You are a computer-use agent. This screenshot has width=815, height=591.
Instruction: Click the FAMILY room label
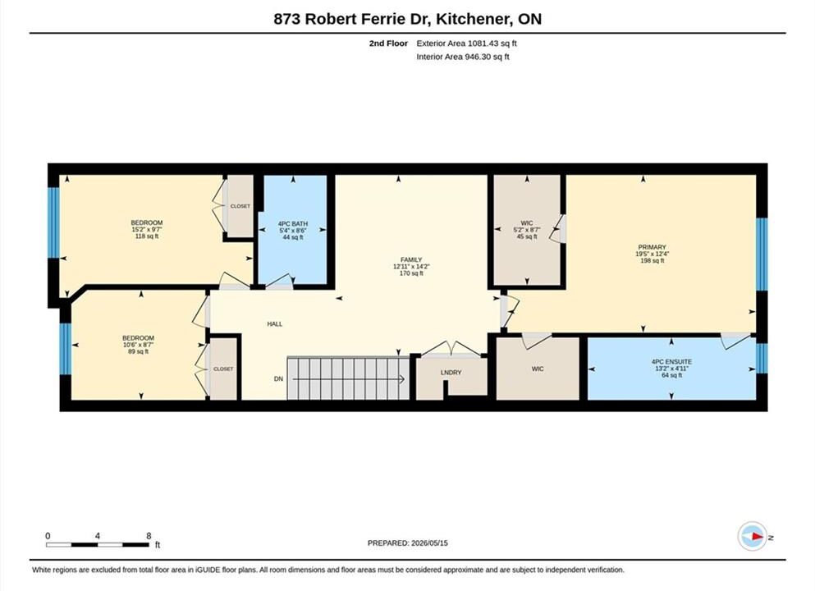pyautogui.click(x=411, y=259)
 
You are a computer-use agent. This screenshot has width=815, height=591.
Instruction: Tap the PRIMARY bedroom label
pyautogui.click(x=652, y=247)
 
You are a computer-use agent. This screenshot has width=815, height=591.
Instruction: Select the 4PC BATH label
pyautogui.click(x=293, y=223)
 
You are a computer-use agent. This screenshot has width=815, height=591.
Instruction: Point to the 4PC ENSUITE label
pyautogui.click(x=671, y=361)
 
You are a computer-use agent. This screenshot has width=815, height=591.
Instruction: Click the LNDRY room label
pyautogui.click(x=451, y=372)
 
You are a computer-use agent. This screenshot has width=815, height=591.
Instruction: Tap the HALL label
pyautogui.click(x=274, y=324)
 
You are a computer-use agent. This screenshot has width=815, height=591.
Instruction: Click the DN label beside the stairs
pyautogui.click(x=278, y=379)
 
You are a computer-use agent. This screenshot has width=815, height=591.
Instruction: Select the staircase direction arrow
pyautogui.click(x=349, y=379)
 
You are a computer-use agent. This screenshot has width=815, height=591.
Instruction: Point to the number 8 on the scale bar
pyautogui.click(x=149, y=535)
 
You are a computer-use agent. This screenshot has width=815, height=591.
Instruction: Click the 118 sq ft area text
pyautogui.click(x=147, y=236)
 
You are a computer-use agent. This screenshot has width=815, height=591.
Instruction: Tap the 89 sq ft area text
pyautogui.click(x=138, y=351)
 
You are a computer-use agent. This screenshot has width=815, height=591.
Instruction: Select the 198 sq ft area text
pyautogui.click(x=652, y=260)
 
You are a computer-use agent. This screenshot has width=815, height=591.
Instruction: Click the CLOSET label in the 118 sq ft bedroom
pyautogui.click(x=240, y=206)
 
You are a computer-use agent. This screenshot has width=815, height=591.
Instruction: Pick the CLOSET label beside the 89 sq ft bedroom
pyautogui.click(x=223, y=369)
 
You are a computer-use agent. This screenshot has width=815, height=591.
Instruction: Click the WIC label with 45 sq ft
pyautogui.click(x=527, y=223)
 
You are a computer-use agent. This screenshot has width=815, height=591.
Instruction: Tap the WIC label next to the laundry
pyautogui.click(x=538, y=369)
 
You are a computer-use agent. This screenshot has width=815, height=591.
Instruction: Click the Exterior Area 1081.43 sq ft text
pyautogui.click(x=467, y=44)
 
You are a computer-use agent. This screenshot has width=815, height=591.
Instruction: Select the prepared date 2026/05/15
pyautogui.click(x=429, y=543)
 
